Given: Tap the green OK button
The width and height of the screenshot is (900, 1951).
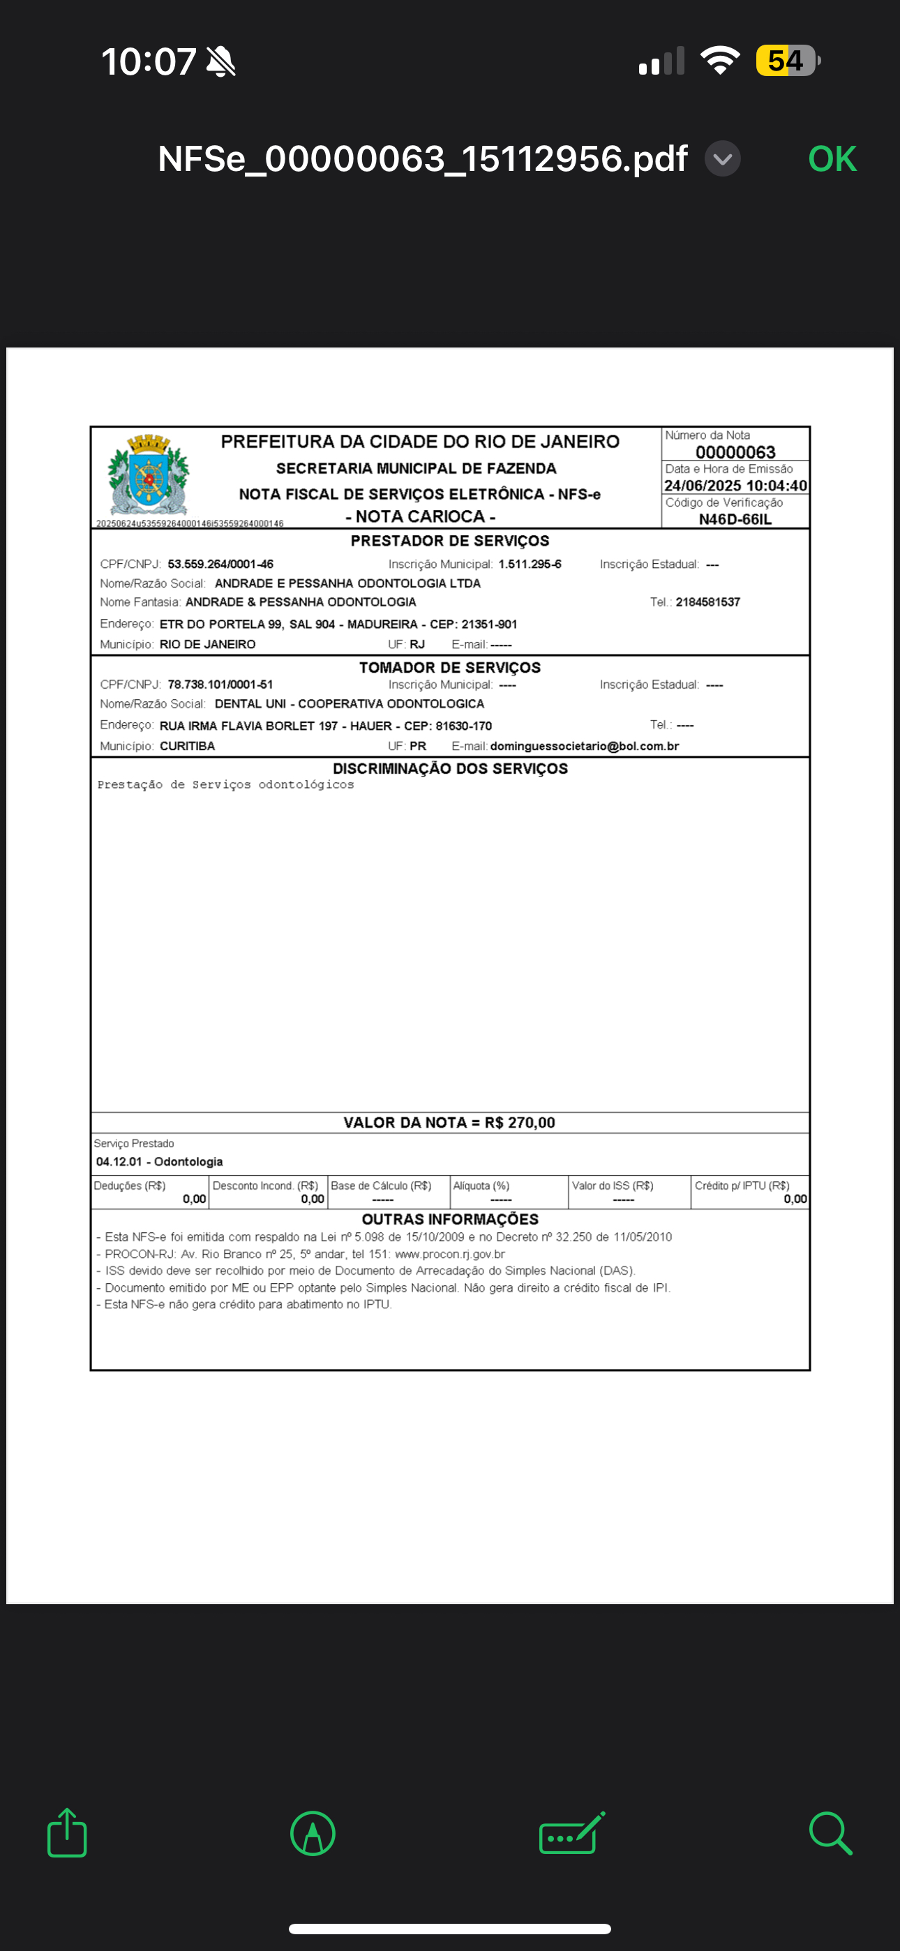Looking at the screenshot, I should [x=832, y=159].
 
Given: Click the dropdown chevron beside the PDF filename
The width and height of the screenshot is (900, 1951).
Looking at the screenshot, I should [x=722, y=159].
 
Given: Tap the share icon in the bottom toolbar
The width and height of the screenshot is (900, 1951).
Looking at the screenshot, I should [x=67, y=1833].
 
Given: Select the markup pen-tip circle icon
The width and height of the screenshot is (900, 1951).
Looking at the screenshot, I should [x=313, y=1834].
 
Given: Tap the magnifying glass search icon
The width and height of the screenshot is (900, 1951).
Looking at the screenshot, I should [x=830, y=1834].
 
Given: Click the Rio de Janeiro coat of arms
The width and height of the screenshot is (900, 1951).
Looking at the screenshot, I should [x=149, y=475].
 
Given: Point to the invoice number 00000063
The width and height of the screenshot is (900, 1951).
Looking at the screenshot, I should [x=735, y=452].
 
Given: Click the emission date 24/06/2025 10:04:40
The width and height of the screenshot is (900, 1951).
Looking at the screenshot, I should [x=735, y=486].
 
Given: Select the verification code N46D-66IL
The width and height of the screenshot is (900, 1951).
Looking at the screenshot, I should [x=735, y=520].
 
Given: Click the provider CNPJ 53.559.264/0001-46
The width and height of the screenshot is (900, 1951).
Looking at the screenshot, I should [x=220, y=565].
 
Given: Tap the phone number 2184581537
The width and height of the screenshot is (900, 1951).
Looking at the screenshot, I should [x=707, y=602].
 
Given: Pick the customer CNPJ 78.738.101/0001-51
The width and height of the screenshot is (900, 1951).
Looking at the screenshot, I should [x=220, y=685].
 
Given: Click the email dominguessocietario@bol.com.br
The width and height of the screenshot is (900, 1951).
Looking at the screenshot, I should [x=584, y=746].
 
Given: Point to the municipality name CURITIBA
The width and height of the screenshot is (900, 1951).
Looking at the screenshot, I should [x=187, y=746].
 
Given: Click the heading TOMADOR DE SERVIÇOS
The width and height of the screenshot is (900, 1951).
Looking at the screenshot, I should [x=450, y=667].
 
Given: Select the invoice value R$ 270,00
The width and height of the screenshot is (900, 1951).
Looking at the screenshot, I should [x=520, y=1123].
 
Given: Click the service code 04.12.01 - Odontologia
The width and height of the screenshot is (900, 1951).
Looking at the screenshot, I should [x=159, y=1162].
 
